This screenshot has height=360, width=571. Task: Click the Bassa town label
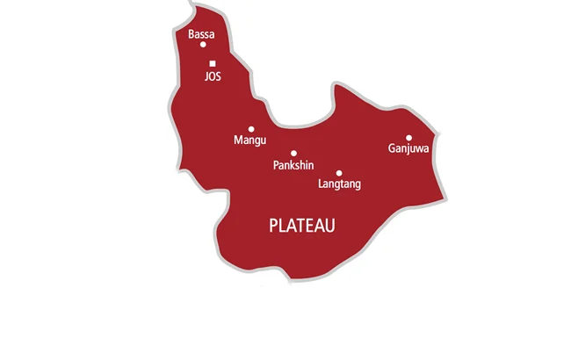[201, 34]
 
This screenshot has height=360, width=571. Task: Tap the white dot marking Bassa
[203, 44]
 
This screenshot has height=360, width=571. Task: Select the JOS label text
[213, 76]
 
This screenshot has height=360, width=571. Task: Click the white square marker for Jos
[213, 63]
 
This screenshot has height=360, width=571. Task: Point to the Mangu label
[249, 140]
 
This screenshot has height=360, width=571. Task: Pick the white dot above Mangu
[251, 129]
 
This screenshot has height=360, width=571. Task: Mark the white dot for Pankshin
[294, 153]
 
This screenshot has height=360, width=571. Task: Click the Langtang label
[338, 184]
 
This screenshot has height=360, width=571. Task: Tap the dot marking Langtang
[339, 173]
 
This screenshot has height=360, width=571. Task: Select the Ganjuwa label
[408, 149]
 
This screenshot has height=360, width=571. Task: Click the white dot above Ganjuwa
[408, 138]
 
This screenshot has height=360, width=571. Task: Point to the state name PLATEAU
[301, 226]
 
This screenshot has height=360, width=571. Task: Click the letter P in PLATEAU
[272, 226]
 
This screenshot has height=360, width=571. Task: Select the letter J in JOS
[206, 76]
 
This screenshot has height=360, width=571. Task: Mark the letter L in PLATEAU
[281, 226]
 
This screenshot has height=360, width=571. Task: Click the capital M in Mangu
[238, 140]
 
